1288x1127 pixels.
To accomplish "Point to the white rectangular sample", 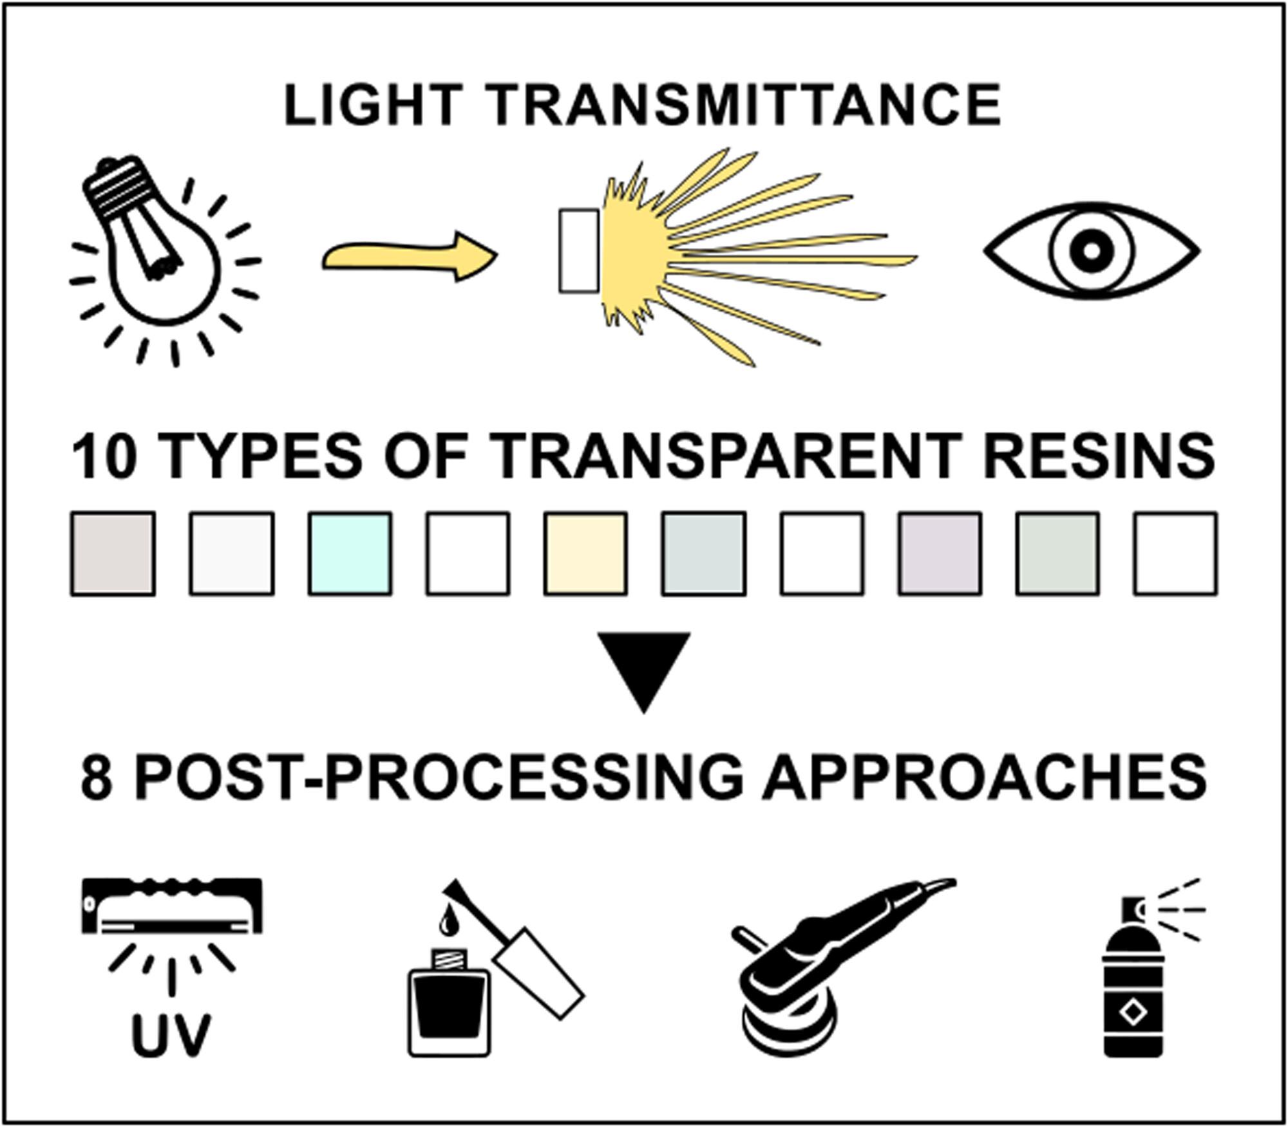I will [x=579, y=251].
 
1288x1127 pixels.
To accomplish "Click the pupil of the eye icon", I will [x=1091, y=250].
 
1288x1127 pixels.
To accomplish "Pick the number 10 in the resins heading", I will [x=104, y=456].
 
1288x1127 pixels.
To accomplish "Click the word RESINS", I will [x=1099, y=456].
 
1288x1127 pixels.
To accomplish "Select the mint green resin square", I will [x=350, y=554].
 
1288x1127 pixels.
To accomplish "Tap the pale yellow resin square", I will [x=585, y=554].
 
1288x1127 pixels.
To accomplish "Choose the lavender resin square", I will [x=940, y=554].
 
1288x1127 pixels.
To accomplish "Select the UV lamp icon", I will [x=172, y=908].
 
